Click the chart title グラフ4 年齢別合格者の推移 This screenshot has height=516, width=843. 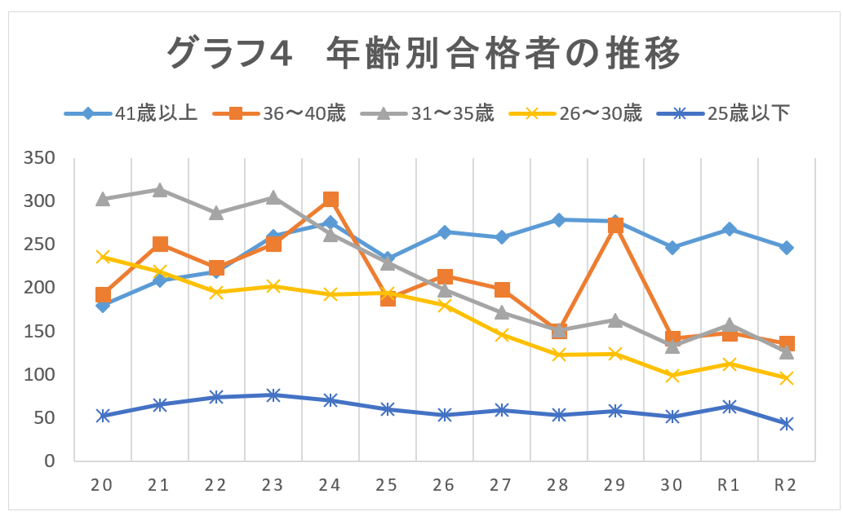423,55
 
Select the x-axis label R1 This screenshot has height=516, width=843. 729,485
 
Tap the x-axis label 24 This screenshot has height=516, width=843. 331,485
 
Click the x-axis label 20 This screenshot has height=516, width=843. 103,485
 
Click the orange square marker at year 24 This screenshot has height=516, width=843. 331,200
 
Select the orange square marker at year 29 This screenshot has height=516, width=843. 615,226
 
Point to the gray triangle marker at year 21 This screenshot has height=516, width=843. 160,190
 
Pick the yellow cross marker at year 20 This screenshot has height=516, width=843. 103,257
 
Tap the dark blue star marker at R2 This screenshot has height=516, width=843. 786,424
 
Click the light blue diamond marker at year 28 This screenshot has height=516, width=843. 558,220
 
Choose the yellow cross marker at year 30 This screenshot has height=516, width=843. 672,376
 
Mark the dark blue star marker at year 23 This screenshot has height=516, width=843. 273,395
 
